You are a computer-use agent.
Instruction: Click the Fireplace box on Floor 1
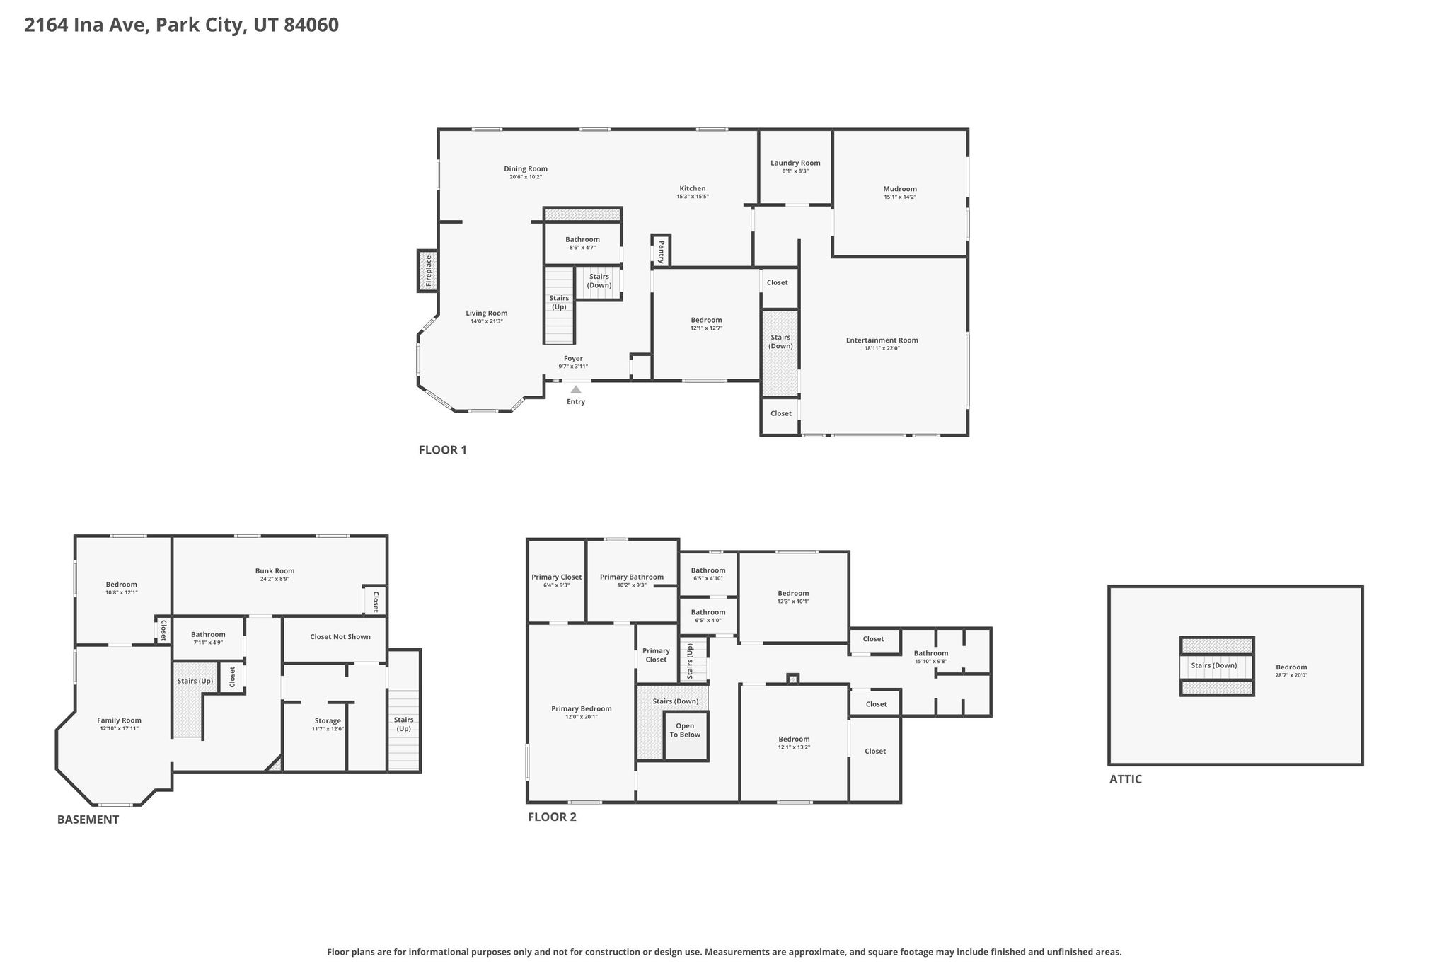point(427,270)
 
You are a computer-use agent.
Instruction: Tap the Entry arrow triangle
point(576,389)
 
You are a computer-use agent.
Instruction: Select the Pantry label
point(661,251)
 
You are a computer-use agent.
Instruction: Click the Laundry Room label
point(795,163)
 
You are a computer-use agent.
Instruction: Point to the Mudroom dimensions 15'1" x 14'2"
point(900,197)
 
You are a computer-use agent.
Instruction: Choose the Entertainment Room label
point(882,340)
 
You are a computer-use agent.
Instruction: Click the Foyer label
point(573,359)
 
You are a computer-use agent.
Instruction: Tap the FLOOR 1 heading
point(443,449)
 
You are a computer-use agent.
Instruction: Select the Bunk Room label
point(275,571)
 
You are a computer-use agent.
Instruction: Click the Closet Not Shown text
point(340,637)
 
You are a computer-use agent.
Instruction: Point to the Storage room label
point(328,721)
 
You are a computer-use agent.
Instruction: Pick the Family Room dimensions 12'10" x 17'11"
point(119,728)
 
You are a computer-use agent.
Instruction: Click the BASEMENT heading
point(88,820)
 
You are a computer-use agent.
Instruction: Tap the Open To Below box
point(686,736)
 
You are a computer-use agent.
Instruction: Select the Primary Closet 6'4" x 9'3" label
point(556,581)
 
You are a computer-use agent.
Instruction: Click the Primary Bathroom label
point(632,577)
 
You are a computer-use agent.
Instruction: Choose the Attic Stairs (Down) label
point(1214,665)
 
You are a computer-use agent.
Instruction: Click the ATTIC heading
point(1125,779)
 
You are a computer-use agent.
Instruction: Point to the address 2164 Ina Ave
point(85,25)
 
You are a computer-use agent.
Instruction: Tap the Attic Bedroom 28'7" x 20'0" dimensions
point(1291,675)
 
